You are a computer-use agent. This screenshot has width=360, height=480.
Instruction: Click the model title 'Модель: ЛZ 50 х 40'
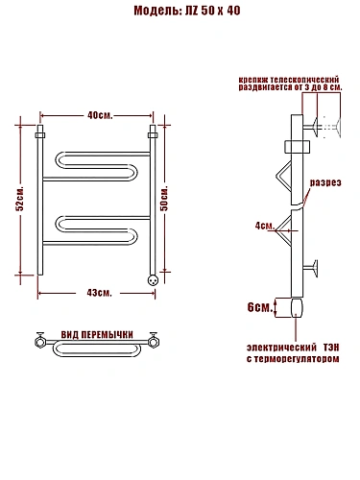pos(187,11)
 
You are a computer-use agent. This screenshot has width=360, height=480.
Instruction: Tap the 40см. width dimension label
pos(100,115)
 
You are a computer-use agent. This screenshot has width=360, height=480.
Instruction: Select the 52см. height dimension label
pos(20,198)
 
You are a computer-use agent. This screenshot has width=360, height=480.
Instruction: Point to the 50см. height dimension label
pos(164,198)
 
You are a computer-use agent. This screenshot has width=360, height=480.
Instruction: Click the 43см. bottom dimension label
pos(99,293)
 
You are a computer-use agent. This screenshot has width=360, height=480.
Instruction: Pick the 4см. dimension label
pos(265,226)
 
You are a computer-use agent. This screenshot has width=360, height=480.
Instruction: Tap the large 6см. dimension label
pos(260,307)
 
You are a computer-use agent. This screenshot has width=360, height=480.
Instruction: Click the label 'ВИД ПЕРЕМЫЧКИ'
pos(97,335)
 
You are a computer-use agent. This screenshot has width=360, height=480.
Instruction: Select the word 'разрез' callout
pos(325,182)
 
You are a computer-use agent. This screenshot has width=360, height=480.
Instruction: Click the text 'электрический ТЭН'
pos(293,348)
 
